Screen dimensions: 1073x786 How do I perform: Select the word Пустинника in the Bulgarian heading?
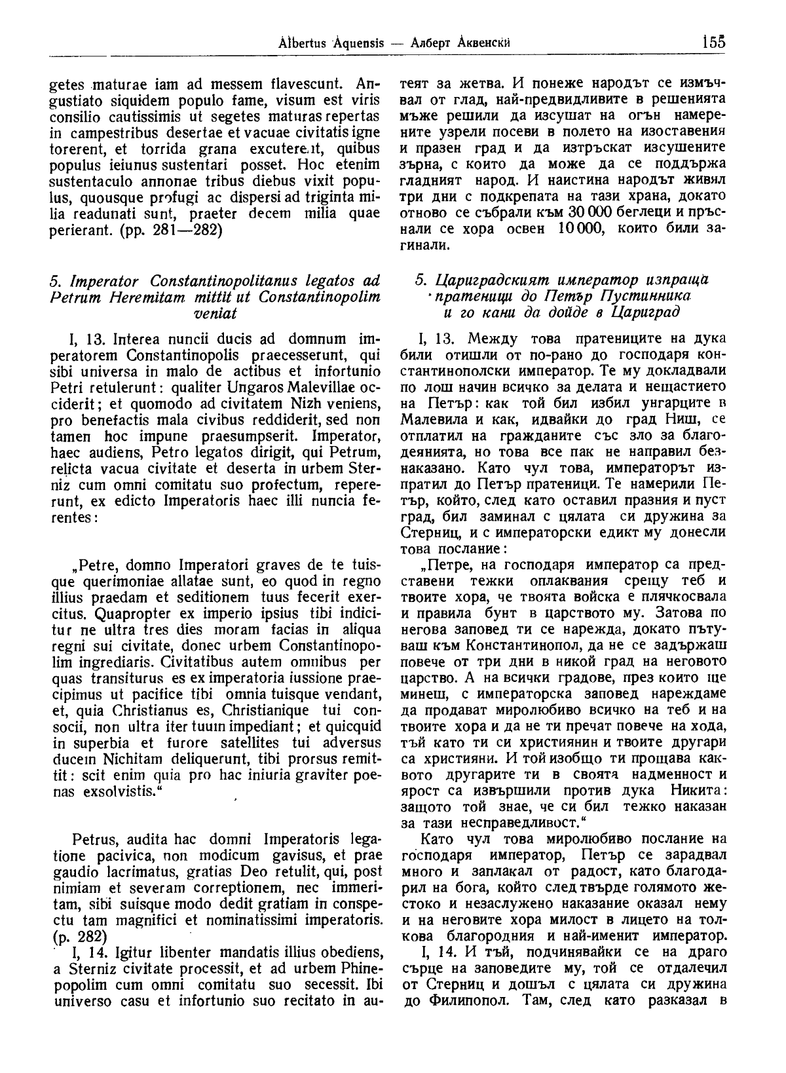(652, 297)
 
